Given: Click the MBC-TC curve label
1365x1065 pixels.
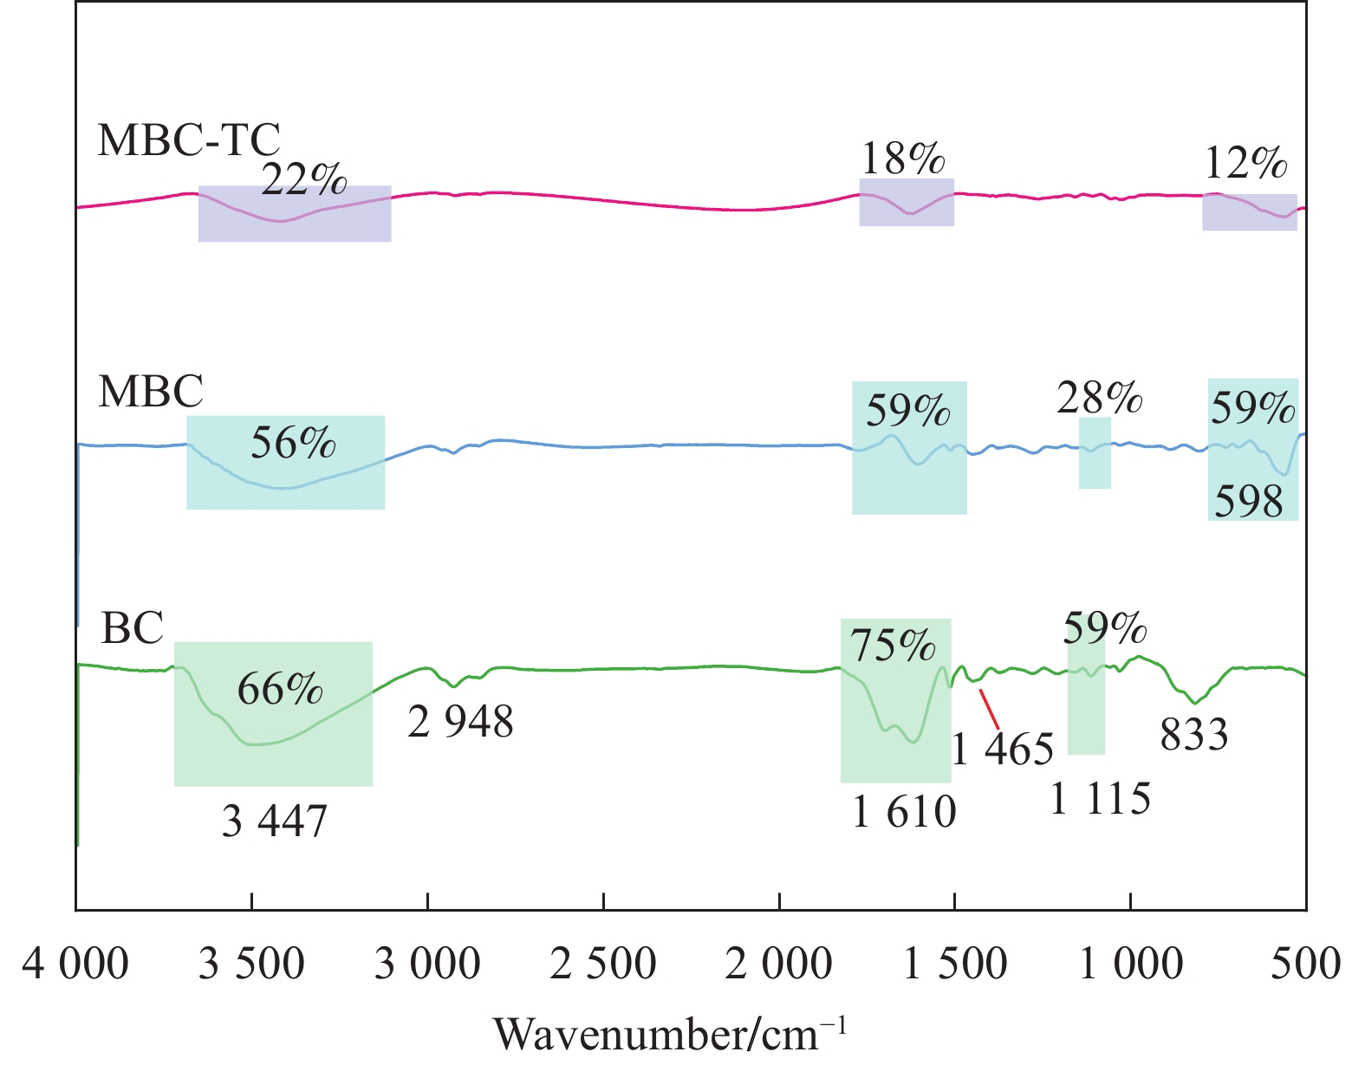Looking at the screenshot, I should [189, 140].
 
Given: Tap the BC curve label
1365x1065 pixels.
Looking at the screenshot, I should [133, 628].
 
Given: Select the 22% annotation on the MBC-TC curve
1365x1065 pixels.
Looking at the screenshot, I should [303, 179].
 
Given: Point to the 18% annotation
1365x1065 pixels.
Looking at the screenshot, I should [902, 159].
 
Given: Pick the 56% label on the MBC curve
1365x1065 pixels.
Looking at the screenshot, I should [293, 443].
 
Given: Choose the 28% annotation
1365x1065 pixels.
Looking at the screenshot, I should [1099, 398].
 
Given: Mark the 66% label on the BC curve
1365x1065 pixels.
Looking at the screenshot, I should [280, 690].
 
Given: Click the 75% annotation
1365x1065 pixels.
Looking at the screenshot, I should [893, 646].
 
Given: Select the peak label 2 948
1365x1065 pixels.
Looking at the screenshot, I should [460, 721].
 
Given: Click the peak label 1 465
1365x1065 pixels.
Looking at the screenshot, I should [1003, 749].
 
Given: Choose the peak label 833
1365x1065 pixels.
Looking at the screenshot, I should [1193, 736].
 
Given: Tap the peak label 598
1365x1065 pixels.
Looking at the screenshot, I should [1248, 501].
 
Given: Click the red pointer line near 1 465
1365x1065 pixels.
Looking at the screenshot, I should [990, 709].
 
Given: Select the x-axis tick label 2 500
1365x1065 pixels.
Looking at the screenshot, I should [603, 964].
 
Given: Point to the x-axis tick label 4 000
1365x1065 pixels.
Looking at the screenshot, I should [76, 964].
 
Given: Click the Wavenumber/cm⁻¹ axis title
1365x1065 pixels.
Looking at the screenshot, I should [669, 1034].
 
